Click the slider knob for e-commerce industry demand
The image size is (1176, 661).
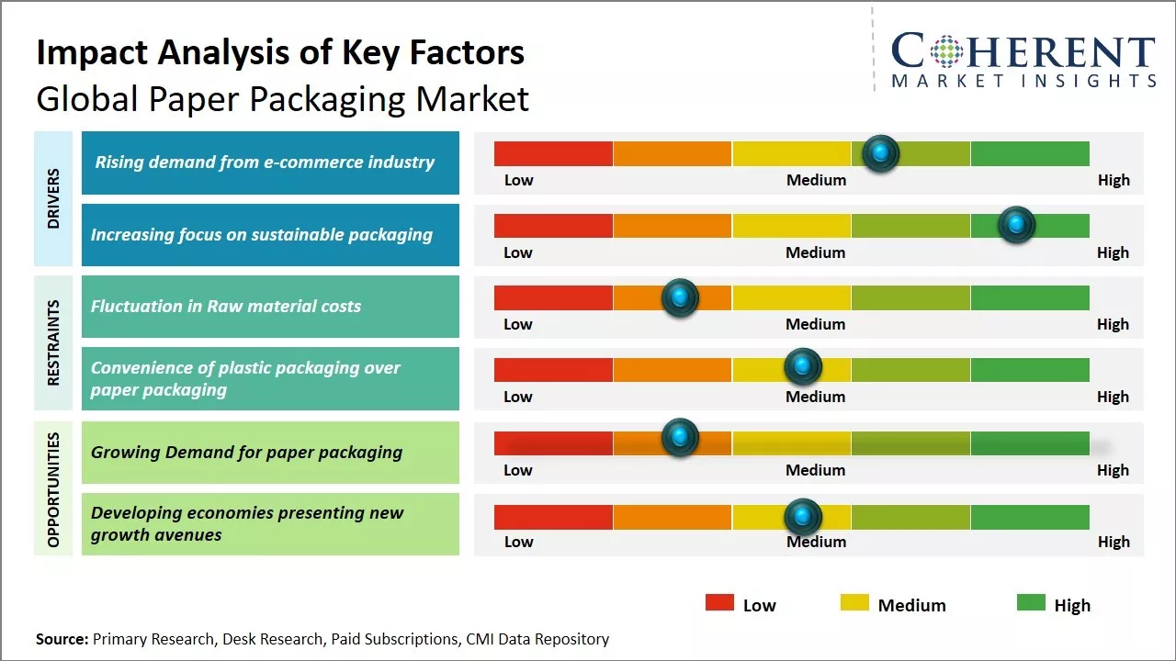pos(881,153)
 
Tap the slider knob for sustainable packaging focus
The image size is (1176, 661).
pos(1016,225)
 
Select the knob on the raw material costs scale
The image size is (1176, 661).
pos(680,297)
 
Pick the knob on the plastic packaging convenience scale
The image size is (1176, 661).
pos(803,367)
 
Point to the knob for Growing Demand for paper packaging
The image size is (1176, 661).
pos(680,438)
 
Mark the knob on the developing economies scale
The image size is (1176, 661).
pos(803,517)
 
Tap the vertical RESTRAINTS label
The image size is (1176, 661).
pos(53,342)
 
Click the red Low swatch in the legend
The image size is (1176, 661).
pos(719,602)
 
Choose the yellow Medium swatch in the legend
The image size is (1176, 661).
pos(854,602)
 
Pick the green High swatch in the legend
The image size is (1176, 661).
pos(1031,602)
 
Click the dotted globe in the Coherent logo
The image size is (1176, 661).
pos(946,51)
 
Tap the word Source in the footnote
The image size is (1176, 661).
pos(62,639)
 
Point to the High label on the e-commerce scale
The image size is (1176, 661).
pos(1114,180)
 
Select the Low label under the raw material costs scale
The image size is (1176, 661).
pos(518,324)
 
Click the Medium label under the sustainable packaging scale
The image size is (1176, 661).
pos(816,252)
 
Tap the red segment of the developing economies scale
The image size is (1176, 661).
pos(553,517)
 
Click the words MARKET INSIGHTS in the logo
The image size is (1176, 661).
pos(1023,82)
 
